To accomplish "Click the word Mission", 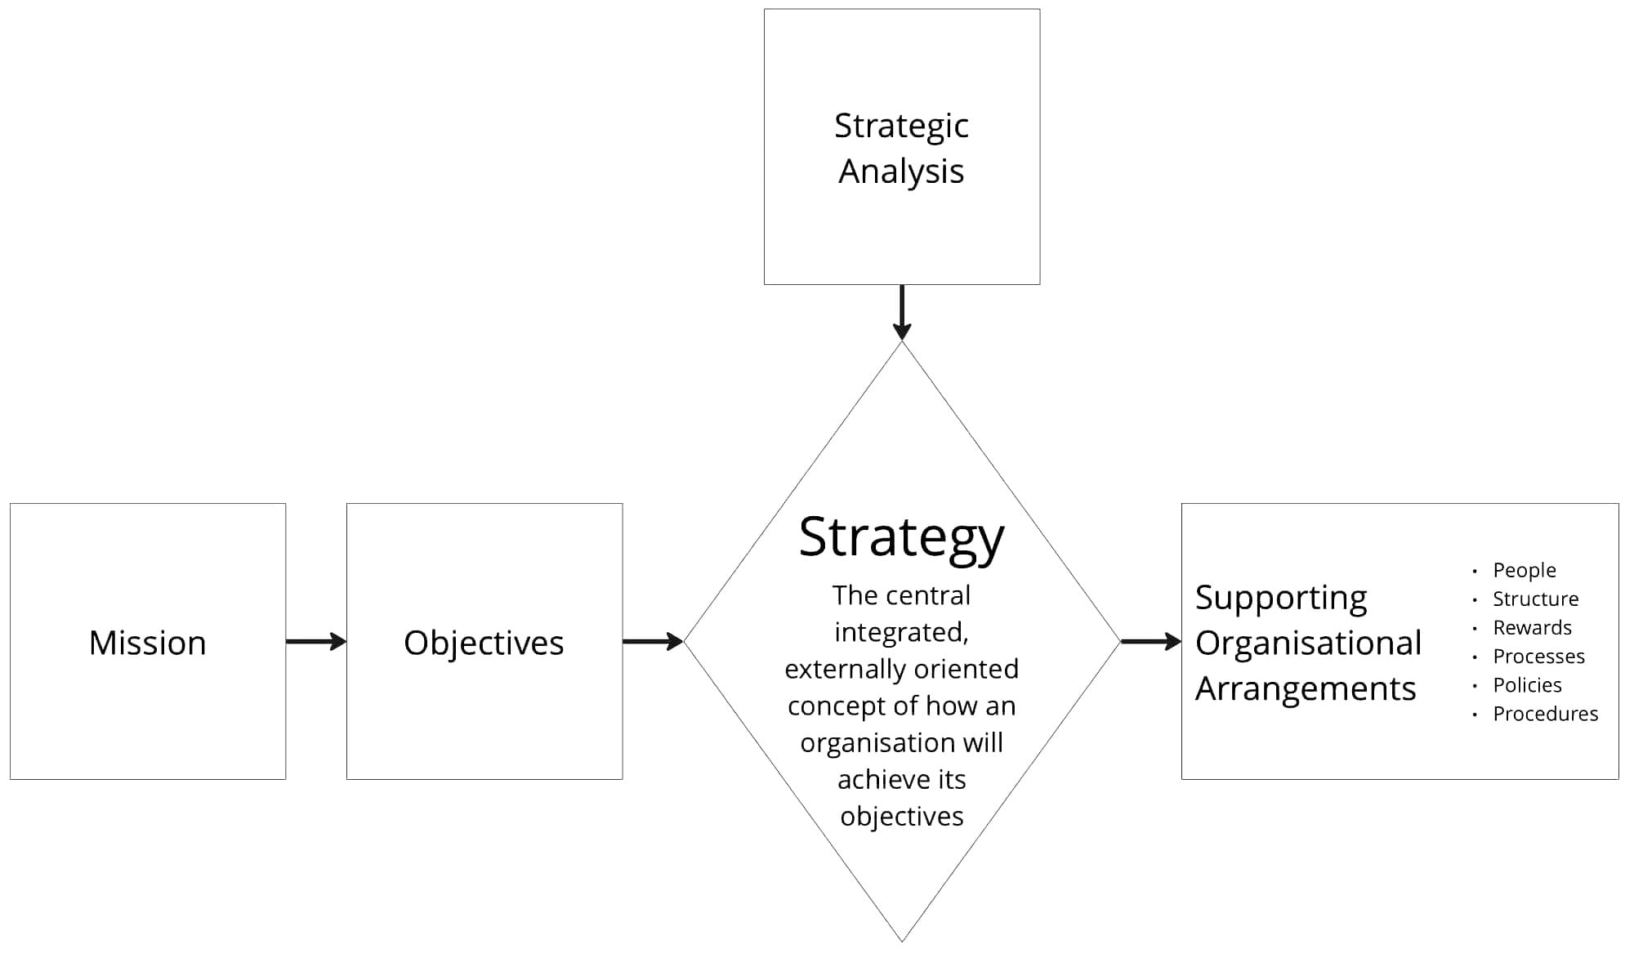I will pyautogui.click(x=147, y=643).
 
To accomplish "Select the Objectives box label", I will pyautogui.click(x=484, y=643).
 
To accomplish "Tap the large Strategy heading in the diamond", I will pyautogui.click(x=901, y=537).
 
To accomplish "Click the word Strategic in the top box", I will pyautogui.click(x=901, y=126).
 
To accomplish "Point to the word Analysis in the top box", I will pyautogui.click(x=901, y=171).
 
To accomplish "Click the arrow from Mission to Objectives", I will pyautogui.click(x=316, y=642).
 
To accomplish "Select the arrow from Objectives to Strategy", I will pyautogui.click(x=653, y=642).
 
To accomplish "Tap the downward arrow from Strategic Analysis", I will pyautogui.click(x=902, y=313).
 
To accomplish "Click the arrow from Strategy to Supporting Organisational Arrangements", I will pyautogui.click(x=1150, y=642).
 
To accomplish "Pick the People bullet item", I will pyautogui.click(x=1524, y=570).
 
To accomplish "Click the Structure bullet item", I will pyautogui.click(x=1535, y=599).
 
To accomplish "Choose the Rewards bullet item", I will pyautogui.click(x=1532, y=627).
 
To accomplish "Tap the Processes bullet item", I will pyautogui.click(x=1538, y=656).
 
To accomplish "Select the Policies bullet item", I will pyautogui.click(x=1527, y=684).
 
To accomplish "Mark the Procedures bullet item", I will pyautogui.click(x=1545, y=713).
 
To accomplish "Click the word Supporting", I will pyautogui.click(x=1281, y=598).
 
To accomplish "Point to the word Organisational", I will pyautogui.click(x=1308, y=643).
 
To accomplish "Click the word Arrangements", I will pyautogui.click(x=1306, y=688).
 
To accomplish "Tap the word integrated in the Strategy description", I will pyautogui.click(x=900, y=632).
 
